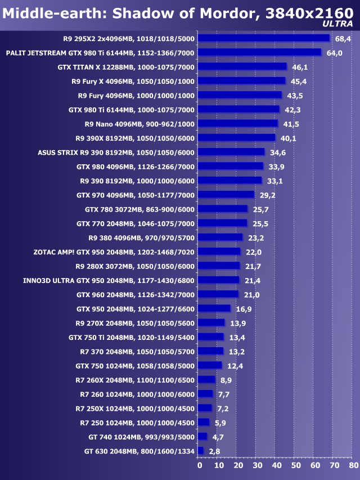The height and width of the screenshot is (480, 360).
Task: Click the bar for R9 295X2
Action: click(x=264, y=38)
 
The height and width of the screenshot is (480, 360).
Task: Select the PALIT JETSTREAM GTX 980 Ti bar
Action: click(x=259, y=52)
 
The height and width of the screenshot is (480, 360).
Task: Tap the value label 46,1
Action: click(x=300, y=67)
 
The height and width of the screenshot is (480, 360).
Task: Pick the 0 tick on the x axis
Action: click(x=199, y=465)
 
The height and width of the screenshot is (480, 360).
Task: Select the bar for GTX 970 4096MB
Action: click(x=226, y=195)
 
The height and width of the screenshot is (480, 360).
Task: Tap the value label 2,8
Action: click(x=214, y=451)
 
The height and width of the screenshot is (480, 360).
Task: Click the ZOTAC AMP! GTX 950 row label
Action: click(x=114, y=252)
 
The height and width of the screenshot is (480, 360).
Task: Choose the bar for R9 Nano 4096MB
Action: click(x=238, y=123)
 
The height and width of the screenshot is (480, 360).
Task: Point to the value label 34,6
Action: click(x=278, y=152)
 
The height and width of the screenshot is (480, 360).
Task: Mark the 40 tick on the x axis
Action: click(x=276, y=465)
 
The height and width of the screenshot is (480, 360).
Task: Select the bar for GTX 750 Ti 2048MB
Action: click(x=211, y=337)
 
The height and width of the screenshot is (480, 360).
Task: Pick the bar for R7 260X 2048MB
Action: click(x=207, y=380)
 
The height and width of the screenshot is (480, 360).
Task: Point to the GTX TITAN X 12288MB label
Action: click(x=126, y=66)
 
